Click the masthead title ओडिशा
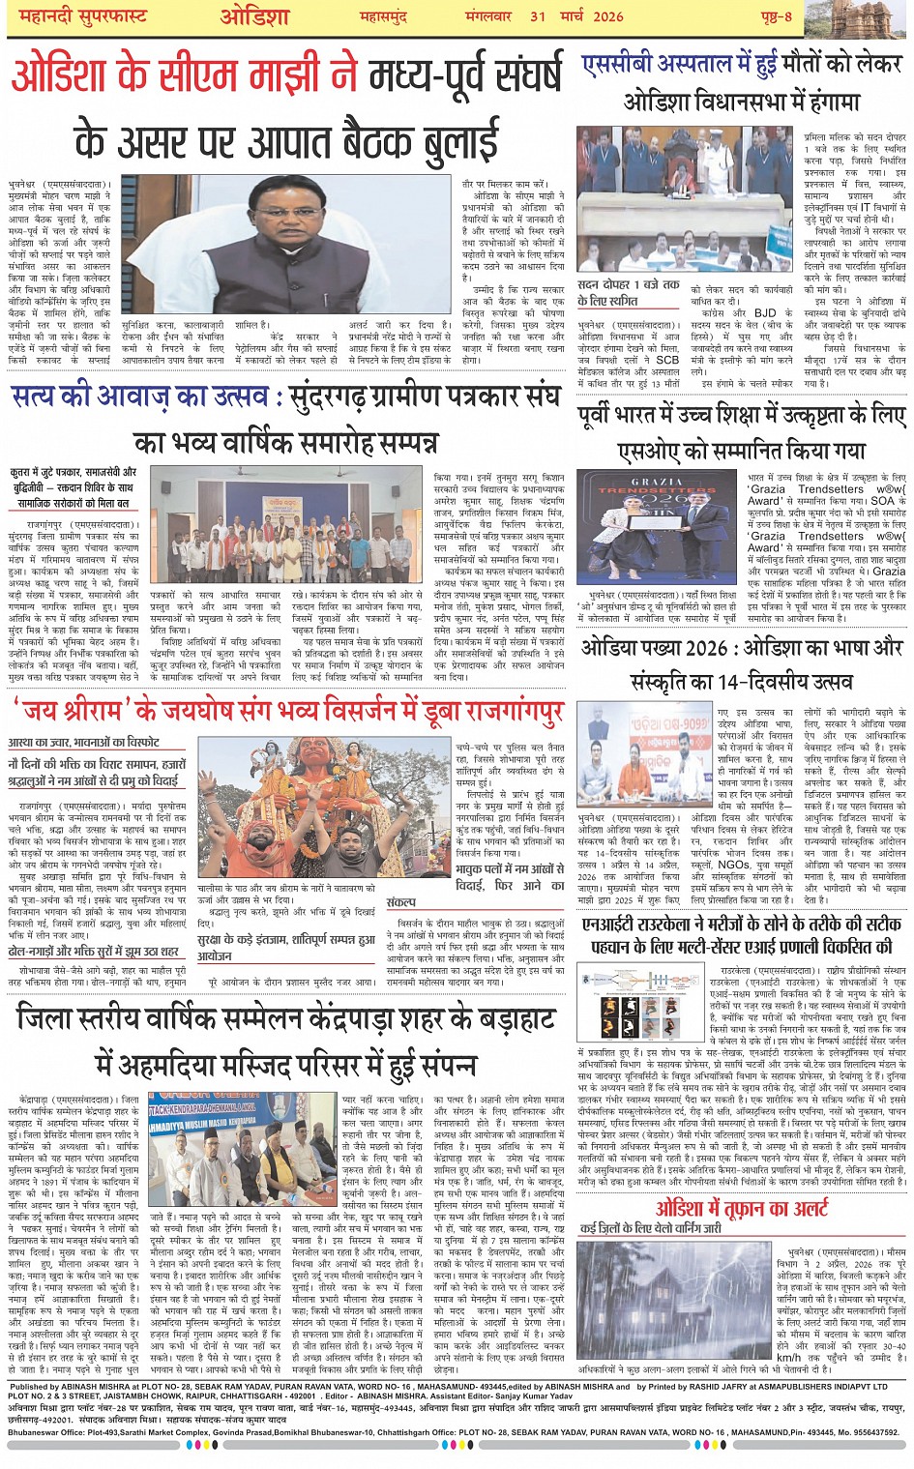[x=254, y=18]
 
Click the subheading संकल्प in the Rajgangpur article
[x=400, y=901]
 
